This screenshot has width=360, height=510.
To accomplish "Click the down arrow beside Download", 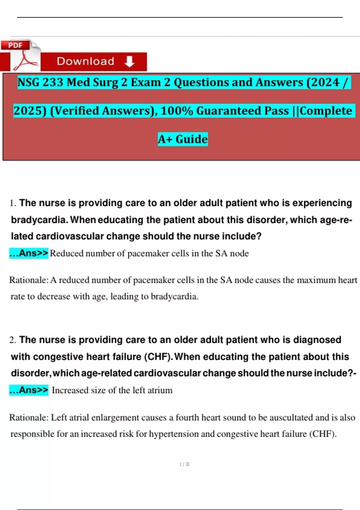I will pos(129,61).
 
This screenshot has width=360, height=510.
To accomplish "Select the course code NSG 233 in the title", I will pos(40,82).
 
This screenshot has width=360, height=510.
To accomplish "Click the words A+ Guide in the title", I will pos(183,139).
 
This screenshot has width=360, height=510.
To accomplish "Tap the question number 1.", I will pos(12,203).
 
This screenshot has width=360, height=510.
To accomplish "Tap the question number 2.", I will pos(12,340).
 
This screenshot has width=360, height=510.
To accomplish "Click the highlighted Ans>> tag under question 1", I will pos(29,253).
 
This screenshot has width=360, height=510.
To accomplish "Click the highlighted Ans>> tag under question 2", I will pos(29,390).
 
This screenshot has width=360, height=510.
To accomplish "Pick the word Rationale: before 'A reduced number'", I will pos(29,280).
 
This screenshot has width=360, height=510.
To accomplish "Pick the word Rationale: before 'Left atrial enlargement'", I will pos(29,417).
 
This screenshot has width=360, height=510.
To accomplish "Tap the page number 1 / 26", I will pos(184,464).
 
